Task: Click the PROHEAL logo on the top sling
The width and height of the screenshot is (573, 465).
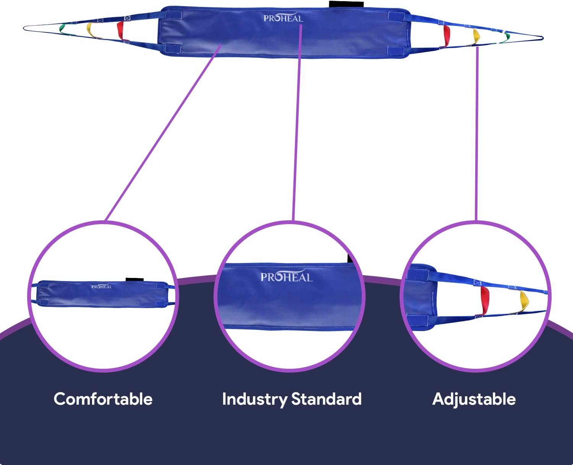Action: [283, 18]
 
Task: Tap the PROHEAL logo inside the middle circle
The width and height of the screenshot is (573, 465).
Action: [286, 277]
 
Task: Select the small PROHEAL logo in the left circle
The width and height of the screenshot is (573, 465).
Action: [102, 286]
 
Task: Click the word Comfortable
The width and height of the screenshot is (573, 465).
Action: [103, 399]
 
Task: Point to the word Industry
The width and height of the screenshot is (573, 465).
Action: [254, 399]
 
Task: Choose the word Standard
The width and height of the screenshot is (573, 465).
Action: [326, 399]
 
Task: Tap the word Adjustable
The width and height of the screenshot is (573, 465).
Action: [474, 399]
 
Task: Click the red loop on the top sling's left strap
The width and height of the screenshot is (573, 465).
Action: [120, 30]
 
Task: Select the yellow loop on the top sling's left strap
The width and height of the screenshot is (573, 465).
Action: [90, 30]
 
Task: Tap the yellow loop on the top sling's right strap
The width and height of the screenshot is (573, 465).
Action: [476, 36]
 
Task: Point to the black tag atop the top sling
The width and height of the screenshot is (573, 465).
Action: [346, 4]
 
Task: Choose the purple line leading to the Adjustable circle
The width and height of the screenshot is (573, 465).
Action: [477, 134]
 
